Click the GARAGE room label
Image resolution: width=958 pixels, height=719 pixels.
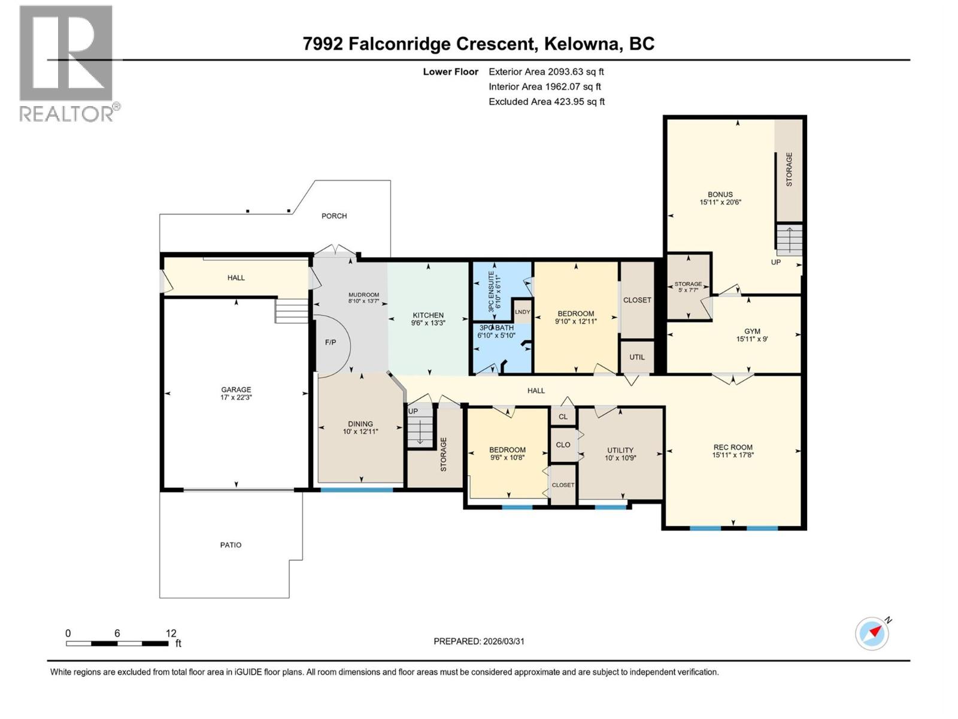(x=236, y=389)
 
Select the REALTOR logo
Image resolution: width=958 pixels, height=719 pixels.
(x=66, y=64)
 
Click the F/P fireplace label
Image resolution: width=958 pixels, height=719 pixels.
(x=331, y=342)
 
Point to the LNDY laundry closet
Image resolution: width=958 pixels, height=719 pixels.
(x=522, y=312)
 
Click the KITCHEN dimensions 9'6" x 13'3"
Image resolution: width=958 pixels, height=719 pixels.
(x=428, y=323)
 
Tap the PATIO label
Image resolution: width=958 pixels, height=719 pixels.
(x=231, y=545)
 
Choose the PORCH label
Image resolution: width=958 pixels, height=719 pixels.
(x=334, y=216)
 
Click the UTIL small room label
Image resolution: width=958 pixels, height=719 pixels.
(x=636, y=357)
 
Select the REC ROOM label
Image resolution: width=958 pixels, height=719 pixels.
(x=733, y=447)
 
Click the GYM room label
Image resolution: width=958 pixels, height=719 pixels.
(x=752, y=331)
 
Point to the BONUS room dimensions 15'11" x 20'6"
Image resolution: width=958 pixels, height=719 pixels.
(x=720, y=203)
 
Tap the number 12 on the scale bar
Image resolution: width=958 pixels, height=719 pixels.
(x=171, y=633)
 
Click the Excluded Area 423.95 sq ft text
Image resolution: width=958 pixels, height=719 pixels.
(x=546, y=102)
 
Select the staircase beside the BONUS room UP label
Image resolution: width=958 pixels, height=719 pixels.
(x=789, y=240)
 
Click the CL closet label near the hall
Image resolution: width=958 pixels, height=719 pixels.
(x=563, y=416)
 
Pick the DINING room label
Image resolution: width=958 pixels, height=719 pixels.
(x=360, y=424)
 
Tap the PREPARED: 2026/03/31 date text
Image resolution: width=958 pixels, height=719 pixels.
(x=478, y=641)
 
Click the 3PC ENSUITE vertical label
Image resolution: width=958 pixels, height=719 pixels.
(x=491, y=291)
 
